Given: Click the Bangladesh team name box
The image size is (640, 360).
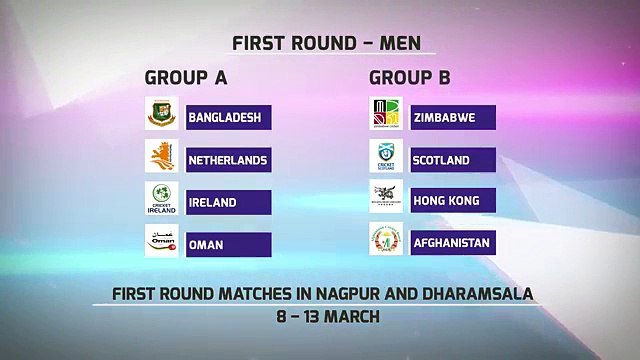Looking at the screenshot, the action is (x=229, y=118).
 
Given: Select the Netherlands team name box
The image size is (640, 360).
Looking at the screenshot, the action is (x=229, y=160).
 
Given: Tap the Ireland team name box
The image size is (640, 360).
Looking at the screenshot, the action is (x=229, y=202).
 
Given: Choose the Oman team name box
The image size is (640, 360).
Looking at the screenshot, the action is (x=229, y=245).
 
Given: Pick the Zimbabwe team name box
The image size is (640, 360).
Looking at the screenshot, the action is (x=453, y=118).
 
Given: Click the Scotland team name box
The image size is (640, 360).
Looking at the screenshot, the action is (x=453, y=160).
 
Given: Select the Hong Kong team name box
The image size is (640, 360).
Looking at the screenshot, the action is (x=453, y=200).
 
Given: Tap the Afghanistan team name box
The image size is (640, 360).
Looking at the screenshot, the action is (x=453, y=243).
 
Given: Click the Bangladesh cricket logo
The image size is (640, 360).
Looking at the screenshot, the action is (x=162, y=113).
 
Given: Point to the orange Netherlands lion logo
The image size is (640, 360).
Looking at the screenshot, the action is (x=162, y=156).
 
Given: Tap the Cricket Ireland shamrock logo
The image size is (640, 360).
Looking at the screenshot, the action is (x=162, y=198).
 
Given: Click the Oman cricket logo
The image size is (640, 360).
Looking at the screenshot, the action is (x=162, y=241).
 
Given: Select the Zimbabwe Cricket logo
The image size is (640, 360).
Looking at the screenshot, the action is (x=386, y=113).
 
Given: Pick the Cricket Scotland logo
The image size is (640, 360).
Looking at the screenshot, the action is (x=386, y=156).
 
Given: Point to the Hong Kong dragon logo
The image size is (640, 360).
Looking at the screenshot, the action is (x=386, y=196).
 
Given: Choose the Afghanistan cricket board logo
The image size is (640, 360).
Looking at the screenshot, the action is (x=386, y=239).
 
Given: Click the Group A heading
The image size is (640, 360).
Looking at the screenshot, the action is (x=186, y=78).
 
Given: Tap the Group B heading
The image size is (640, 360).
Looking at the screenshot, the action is (x=410, y=78).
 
